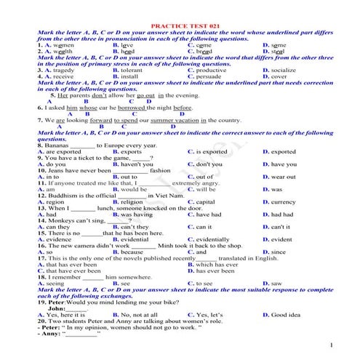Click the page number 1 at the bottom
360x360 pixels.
pos(331,344)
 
